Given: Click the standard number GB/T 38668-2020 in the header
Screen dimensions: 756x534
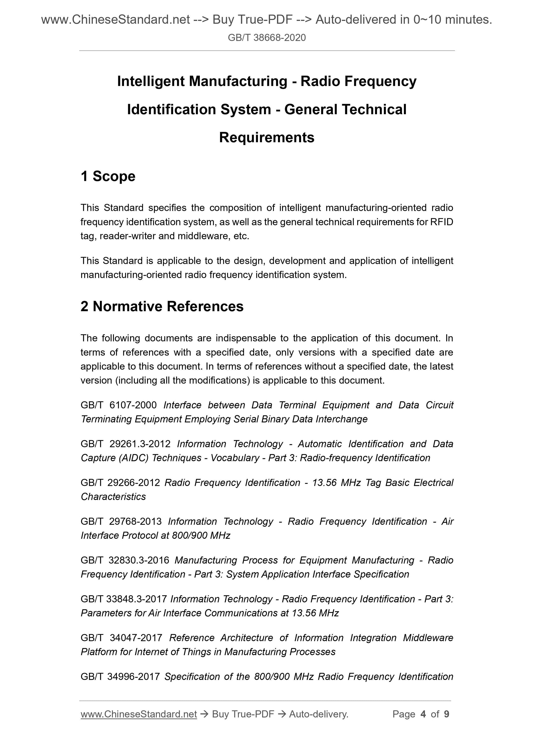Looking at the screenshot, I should click(266, 38).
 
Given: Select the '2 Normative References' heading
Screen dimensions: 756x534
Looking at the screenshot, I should click(162, 306).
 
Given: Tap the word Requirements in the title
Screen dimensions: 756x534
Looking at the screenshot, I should click(266, 137).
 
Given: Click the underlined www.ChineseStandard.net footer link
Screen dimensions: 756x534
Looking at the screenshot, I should click(139, 714).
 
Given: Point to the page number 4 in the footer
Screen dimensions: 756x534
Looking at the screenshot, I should click(423, 714).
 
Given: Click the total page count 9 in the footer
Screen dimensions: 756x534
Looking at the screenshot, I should click(446, 714).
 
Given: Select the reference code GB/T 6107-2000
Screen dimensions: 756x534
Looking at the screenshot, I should click(119, 405).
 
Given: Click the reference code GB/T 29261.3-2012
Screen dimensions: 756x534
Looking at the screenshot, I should click(125, 444).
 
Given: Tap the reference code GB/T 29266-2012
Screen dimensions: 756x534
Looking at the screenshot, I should click(120, 483).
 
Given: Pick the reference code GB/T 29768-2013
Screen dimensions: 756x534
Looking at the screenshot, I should click(121, 521).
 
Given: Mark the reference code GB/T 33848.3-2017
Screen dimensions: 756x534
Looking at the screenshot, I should click(124, 599).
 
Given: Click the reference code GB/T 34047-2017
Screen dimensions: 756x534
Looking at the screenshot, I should click(121, 638).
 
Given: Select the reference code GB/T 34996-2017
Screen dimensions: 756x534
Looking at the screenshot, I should click(120, 677).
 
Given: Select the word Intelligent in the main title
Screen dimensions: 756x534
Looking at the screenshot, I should click(151, 81).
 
